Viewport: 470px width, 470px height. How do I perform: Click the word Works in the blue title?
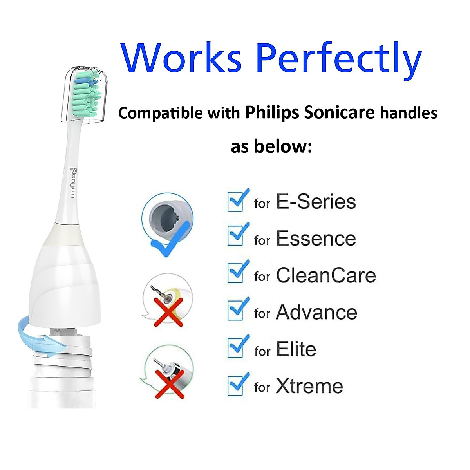pos(181,58)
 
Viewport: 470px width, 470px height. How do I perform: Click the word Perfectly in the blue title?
pos(338,59)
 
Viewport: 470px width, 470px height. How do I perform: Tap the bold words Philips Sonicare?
pos(310,113)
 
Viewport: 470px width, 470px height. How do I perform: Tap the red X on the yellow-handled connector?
pos(168,312)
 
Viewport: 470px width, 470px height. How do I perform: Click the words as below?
pos(271,146)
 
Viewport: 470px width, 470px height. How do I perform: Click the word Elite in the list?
pos(296,349)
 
